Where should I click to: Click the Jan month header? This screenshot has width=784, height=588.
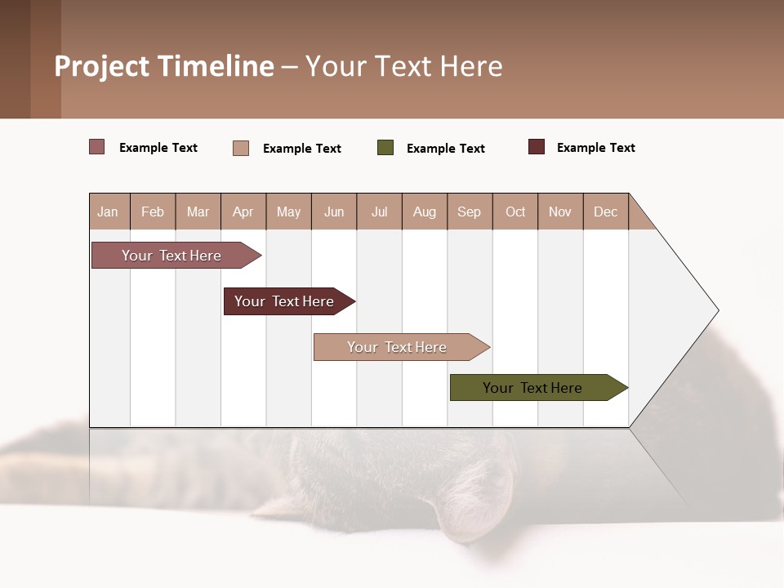pos(108,212)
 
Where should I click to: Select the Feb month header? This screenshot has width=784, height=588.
pos(153,212)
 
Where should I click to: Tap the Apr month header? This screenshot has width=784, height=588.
pos(243,212)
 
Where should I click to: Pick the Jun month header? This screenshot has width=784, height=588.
pos(334,212)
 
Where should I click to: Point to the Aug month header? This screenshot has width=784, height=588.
pos(424,212)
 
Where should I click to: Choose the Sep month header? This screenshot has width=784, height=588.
pos(469,212)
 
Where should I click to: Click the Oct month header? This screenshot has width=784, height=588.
pos(515,212)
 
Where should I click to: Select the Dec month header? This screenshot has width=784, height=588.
pos(605,212)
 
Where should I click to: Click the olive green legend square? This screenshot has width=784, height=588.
pos(385,148)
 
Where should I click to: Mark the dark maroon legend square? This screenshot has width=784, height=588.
pos(537,147)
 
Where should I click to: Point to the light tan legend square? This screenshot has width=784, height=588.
pos(241,148)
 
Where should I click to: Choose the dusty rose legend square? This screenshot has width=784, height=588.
pos(97,147)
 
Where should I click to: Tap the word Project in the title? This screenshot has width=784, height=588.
pos(102,66)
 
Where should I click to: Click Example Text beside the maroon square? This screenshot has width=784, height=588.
pos(595,148)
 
